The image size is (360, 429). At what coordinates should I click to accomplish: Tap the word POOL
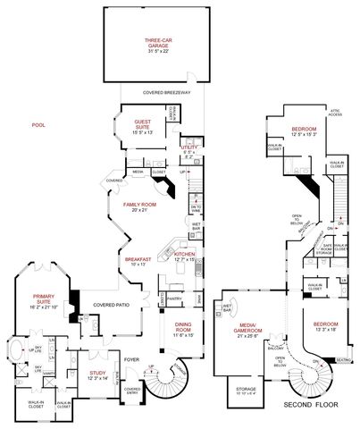(x=38, y=126)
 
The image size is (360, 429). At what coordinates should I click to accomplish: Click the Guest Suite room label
(x=143, y=122)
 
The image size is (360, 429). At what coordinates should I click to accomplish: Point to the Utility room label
(x=188, y=150)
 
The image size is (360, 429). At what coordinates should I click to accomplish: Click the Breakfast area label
(x=138, y=260)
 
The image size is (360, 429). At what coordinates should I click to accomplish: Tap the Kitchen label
(x=184, y=257)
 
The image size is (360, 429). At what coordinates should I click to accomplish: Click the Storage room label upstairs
(x=245, y=391)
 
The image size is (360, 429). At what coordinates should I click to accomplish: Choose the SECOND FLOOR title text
(x=308, y=405)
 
